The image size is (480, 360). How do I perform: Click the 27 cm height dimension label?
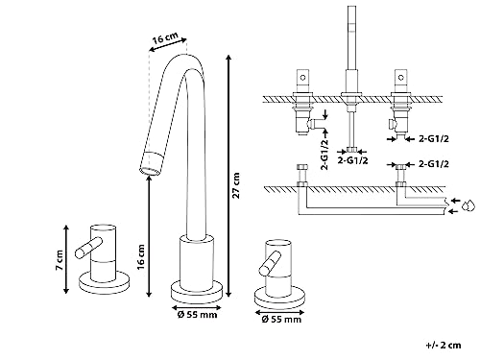(236, 185)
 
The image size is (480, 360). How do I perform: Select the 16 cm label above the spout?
(165, 38)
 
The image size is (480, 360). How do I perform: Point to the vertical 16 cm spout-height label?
(141, 257)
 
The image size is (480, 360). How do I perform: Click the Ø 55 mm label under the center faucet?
(197, 315)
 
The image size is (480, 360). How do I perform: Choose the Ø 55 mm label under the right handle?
(281, 319)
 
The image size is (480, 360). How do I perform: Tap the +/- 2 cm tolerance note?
(444, 346)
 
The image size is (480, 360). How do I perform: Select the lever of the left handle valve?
(88, 248)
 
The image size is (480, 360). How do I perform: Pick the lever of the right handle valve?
(271, 263)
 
